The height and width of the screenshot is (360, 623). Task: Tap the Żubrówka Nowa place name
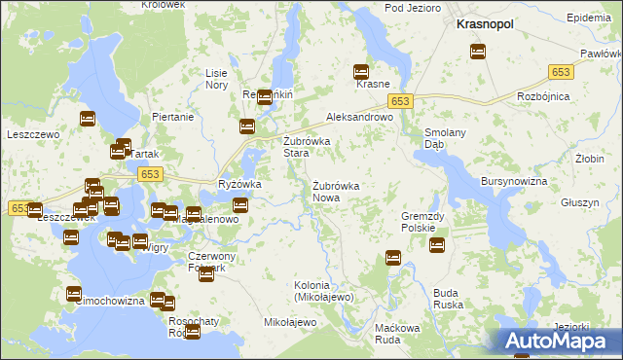click(x=337, y=191)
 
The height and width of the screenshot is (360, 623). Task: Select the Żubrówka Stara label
click(x=307, y=147)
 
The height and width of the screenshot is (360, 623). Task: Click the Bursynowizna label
click(x=514, y=182)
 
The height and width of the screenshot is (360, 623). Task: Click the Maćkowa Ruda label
click(x=396, y=334)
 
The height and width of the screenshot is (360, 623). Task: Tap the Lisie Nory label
click(x=216, y=79)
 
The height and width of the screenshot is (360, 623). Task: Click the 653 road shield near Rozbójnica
click(x=561, y=72)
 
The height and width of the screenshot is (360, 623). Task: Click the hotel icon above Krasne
click(x=361, y=71)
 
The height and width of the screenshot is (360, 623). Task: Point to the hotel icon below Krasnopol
click(x=478, y=52)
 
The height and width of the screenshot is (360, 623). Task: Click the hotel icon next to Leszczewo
click(x=87, y=119)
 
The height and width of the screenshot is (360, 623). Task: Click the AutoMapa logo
click(x=559, y=341)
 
